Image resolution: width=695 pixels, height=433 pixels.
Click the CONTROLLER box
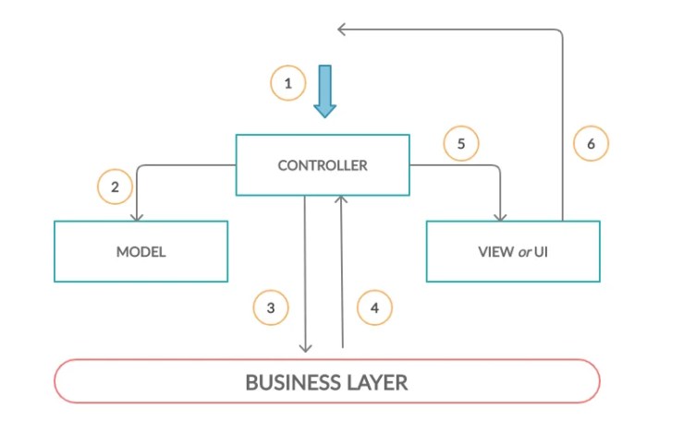323,165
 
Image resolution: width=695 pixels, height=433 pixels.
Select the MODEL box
140,251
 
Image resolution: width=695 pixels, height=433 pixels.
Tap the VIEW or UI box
512,251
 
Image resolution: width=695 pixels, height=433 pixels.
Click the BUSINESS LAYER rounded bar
327,381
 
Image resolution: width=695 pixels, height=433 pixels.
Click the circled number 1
288,84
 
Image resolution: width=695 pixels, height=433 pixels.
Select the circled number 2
115,187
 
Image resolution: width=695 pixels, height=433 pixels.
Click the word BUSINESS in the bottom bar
290,382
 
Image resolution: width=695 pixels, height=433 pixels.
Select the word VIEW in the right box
496,251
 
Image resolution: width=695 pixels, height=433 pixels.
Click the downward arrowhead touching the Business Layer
306,348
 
